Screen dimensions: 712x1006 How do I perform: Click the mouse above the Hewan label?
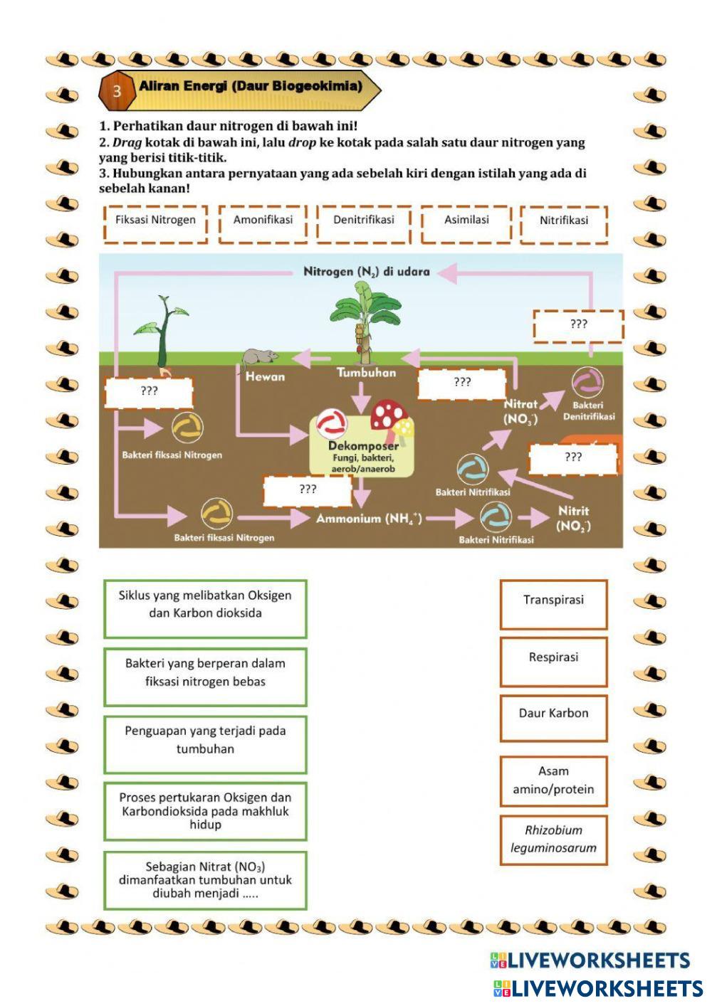coord(259,357)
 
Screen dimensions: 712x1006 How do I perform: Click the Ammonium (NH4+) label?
coord(369,519)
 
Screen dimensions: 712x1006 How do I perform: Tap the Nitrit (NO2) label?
coord(573,518)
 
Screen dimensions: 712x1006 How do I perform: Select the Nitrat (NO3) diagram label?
coord(520,411)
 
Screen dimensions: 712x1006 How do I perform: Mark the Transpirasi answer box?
coord(553,604)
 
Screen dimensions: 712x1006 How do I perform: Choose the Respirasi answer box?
coord(553,661)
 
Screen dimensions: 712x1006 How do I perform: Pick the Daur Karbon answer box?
coord(553,717)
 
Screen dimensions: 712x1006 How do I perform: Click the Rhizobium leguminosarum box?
coord(553,840)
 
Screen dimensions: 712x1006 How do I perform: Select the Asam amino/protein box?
coord(553,780)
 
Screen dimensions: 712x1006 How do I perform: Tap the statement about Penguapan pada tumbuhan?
coord(205,744)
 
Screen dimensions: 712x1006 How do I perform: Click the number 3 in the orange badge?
coord(117,90)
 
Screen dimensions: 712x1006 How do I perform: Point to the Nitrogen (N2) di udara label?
coord(366,272)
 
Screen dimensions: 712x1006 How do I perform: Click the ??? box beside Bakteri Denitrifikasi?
coord(578,325)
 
